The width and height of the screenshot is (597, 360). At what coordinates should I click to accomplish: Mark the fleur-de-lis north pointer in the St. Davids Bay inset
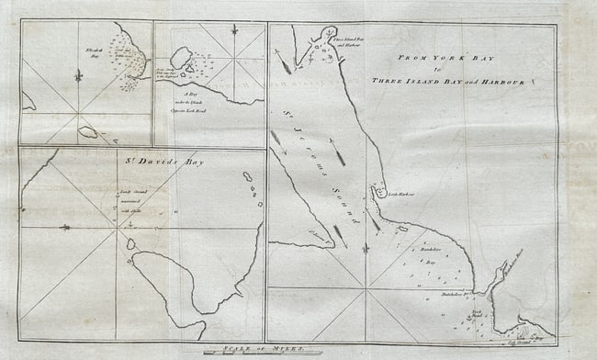[65, 226]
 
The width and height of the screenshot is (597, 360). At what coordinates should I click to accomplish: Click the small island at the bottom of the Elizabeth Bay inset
[88, 132]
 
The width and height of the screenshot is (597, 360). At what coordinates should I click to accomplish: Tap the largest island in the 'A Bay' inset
[181, 58]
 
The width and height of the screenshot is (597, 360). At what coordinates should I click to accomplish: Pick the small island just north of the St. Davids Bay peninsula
[131, 243]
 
